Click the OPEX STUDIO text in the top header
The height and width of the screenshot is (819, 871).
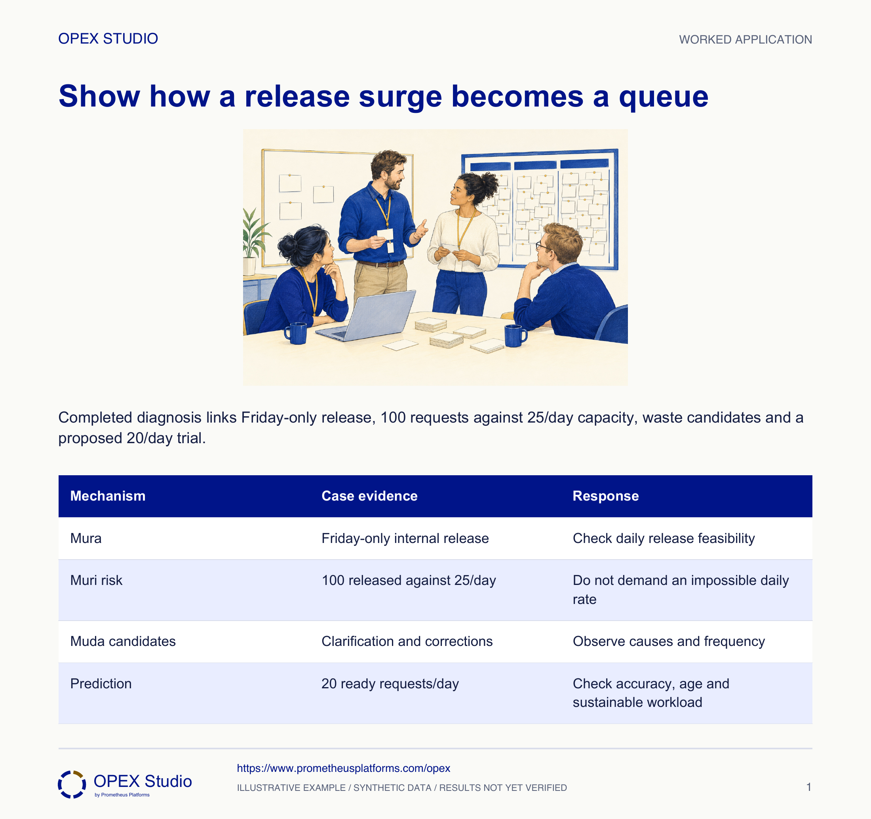(x=108, y=38)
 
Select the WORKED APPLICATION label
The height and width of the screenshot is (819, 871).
(x=745, y=40)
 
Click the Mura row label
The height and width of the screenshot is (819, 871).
(x=86, y=538)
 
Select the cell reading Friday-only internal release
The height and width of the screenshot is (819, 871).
(x=405, y=538)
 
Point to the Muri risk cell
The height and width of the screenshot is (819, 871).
(x=96, y=580)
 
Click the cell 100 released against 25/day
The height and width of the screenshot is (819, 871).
(x=409, y=580)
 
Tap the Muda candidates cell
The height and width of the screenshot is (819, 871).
(x=123, y=641)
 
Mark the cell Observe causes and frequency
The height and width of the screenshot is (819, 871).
(x=669, y=641)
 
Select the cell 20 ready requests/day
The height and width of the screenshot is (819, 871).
(x=390, y=684)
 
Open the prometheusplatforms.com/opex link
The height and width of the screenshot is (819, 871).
(x=344, y=768)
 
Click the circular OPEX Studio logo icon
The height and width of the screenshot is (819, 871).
(x=72, y=785)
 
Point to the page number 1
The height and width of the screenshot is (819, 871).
(x=809, y=787)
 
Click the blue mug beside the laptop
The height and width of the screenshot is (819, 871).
(x=296, y=333)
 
